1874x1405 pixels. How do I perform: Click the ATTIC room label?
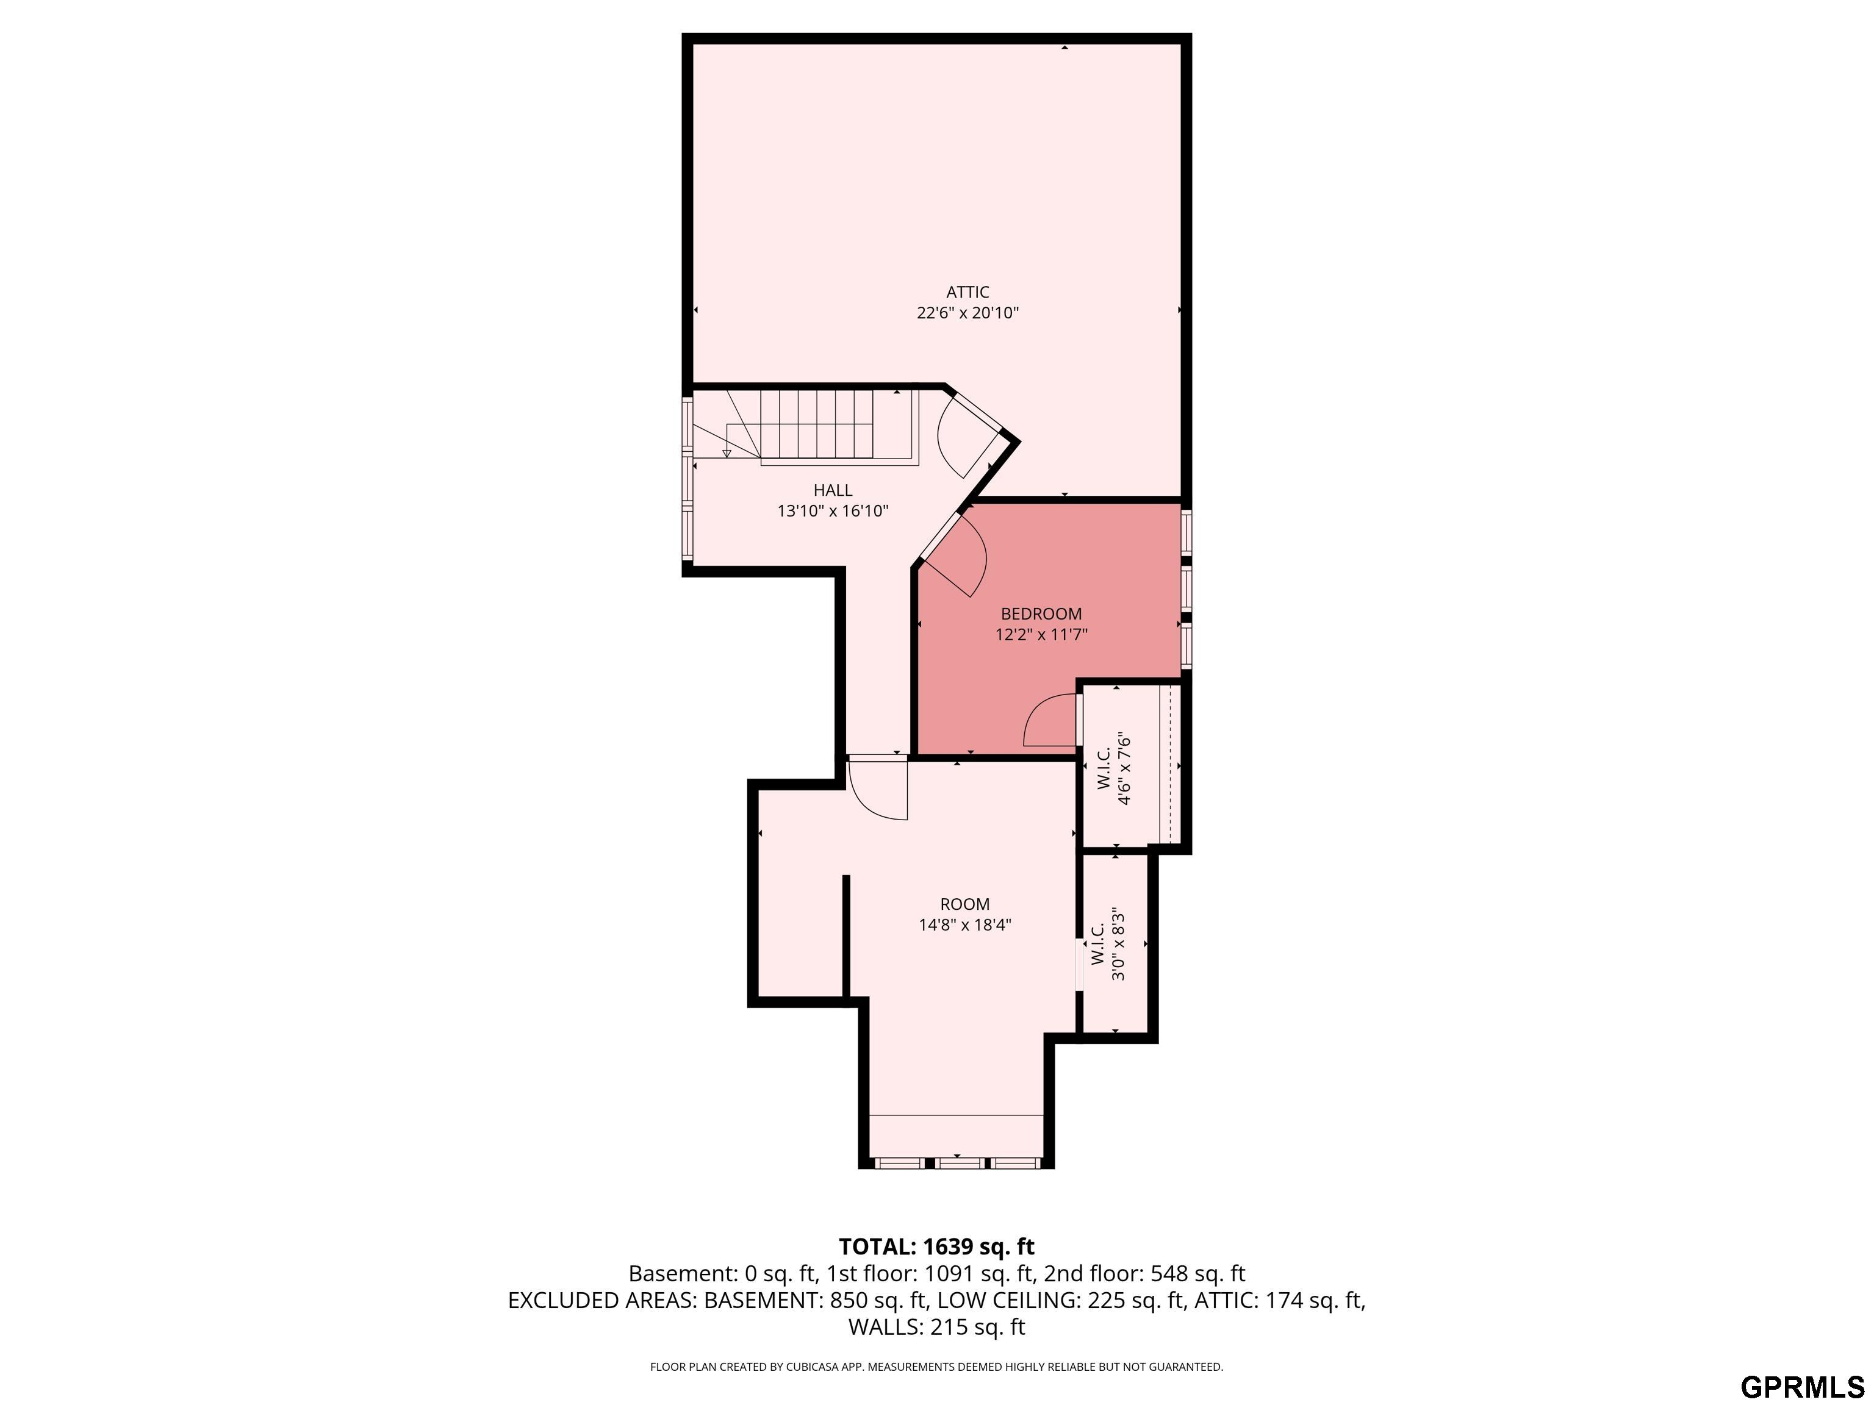click(968, 292)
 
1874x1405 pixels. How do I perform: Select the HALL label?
click(833, 490)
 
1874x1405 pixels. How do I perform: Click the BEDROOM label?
click(1041, 614)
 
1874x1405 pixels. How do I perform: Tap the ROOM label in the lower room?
click(965, 904)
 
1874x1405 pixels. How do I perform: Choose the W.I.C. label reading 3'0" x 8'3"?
click(1107, 945)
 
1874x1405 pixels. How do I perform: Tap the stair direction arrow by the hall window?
click(726, 452)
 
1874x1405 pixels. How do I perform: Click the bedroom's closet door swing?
click(1049, 723)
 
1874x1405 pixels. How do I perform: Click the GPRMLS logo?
click(1802, 1387)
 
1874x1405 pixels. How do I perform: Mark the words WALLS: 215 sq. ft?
click(936, 1327)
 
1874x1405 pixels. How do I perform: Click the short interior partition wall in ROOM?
click(845, 936)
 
